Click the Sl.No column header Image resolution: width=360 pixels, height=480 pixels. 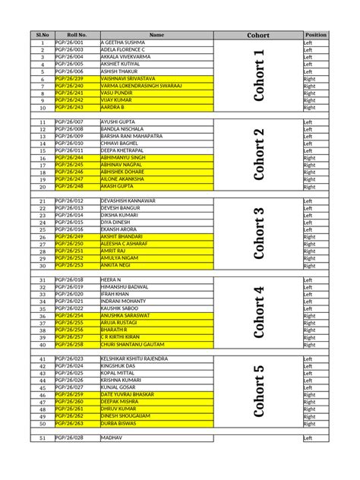[43, 35]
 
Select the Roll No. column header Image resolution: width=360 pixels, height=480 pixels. [77, 35]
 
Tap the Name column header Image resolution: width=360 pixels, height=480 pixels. [156, 35]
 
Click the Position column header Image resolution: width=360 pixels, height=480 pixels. [316, 35]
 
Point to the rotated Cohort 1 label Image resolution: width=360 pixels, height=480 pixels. [259, 75]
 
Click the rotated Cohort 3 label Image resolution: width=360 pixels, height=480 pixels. [259, 233]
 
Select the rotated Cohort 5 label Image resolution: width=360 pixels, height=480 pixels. [259, 391]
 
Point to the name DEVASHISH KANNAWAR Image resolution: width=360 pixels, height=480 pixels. [128, 201]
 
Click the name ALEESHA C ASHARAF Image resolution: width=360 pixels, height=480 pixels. [126, 244]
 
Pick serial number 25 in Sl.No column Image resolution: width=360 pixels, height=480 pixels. [43, 229]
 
